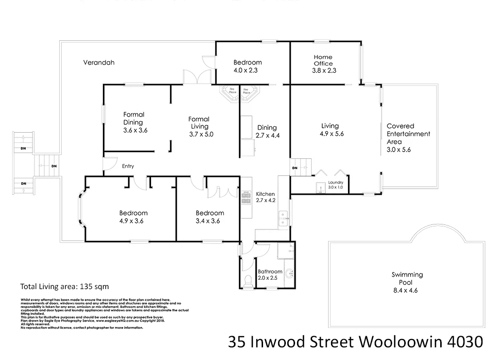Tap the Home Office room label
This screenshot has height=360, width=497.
[323, 60]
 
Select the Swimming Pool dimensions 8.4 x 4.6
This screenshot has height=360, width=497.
[407, 291]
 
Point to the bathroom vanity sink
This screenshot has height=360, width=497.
[291, 273]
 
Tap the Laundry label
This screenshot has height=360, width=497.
[335, 183]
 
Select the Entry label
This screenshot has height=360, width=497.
[128, 166]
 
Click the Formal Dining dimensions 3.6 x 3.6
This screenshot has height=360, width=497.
[135, 130]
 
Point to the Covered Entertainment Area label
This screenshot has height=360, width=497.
[408, 134]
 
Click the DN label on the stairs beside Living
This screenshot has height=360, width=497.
[295, 169]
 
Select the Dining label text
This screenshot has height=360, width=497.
[267, 128]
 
